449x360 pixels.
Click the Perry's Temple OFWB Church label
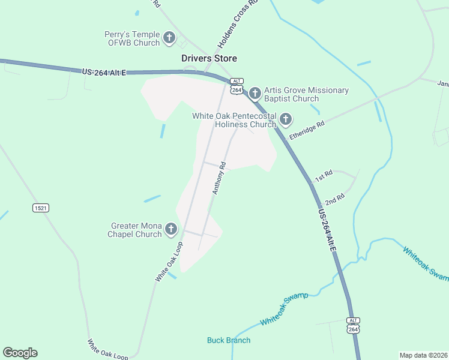pyautogui.click(x=132, y=38)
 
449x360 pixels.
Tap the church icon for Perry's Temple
pyautogui.click(x=169, y=38)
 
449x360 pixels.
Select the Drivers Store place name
pyautogui.click(x=209, y=58)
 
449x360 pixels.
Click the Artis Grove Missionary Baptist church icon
pyautogui.click(x=255, y=93)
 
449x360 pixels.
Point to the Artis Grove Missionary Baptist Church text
pyautogui.click(x=306, y=94)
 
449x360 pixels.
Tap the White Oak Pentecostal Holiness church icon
pyautogui.click(x=285, y=119)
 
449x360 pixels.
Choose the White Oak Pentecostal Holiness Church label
pyautogui.click(x=234, y=120)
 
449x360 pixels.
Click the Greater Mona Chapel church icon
pyautogui.click(x=171, y=229)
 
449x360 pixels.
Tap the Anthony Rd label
pyautogui.click(x=218, y=178)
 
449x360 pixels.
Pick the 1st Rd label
pyautogui.click(x=324, y=176)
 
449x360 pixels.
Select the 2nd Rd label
pyautogui.click(x=334, y=199)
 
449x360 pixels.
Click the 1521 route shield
pyautogui.click(x=41, y=208)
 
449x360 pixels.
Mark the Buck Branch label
pyautogui.click(x=229, y=340)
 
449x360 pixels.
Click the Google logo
pyautogui.click(x=20, y=353)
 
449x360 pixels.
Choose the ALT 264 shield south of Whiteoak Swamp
pyautogui.click(x=354, y=325)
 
